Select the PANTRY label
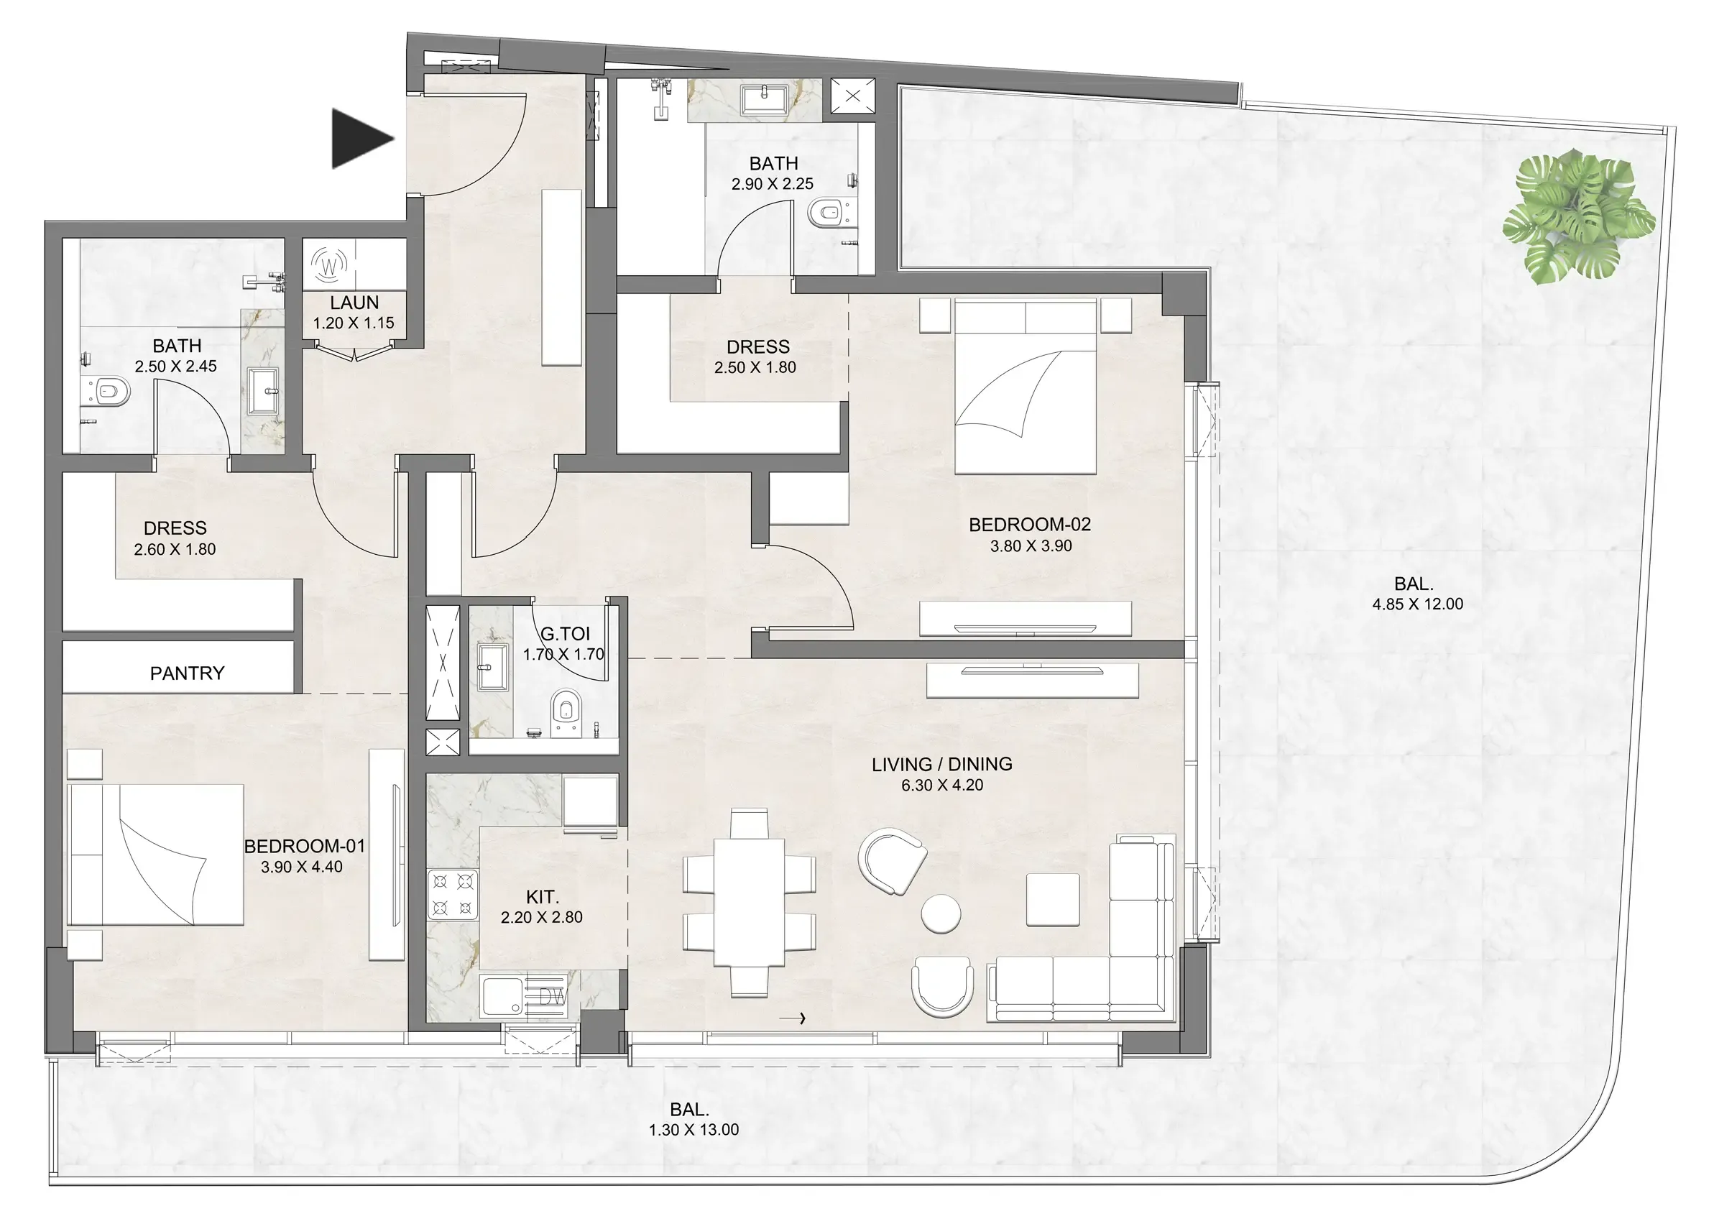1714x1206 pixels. pyautogui.click(x=187, y=673)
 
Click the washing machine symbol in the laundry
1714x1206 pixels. pyautogui.click(x=329, y=264)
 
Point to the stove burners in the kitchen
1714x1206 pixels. pyautogui.click(x=452, y=895)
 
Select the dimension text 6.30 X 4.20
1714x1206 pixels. pyautogui.click(x=942, y=786)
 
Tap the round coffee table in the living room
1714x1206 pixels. pyautogui.click(x=941, y=913)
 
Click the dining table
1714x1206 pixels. pyautogui.click(x=749, y=903)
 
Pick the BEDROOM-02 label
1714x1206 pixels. pyautogui.click(x=1029, y=525)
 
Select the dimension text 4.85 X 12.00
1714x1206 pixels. pyautogui.click(x=1417, y=604)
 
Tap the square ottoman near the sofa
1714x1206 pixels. pyautogui.click(x=1053, y=900)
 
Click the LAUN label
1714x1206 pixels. pyautogui.click(x=354, y=303)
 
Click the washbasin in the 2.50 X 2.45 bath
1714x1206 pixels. pyautogui.click(x=264, y=390)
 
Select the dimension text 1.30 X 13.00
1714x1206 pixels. pyautogui.click(x=694, y=1130)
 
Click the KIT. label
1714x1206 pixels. pyautogui.click(x=542, y=897)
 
